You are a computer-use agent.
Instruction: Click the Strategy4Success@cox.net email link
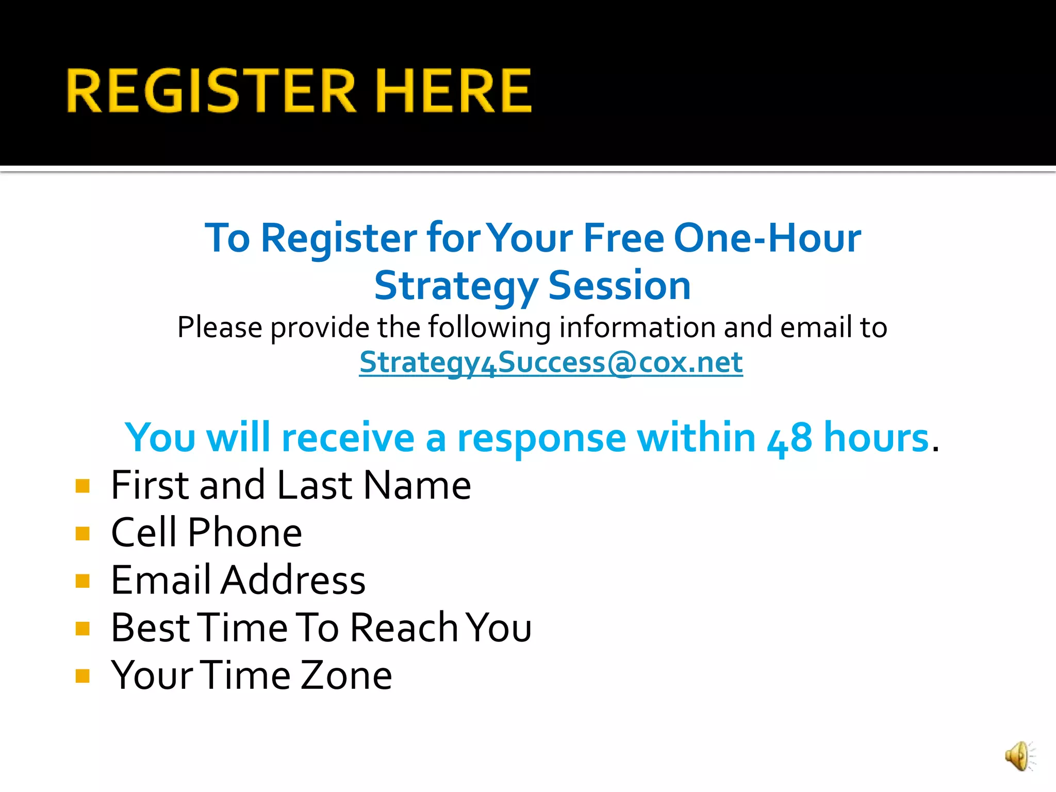(551, 362)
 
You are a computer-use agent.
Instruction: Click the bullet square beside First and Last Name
(82, 486)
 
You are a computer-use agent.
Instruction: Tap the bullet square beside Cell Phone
(82, 533)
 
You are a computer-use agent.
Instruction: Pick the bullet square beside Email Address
(82, 581)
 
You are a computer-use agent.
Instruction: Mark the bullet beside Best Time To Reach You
(82, 629)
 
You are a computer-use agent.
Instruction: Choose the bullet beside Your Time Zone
(82, 676)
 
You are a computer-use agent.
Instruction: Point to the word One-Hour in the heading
(767, 238)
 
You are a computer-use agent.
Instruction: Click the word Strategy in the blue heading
(456, 287)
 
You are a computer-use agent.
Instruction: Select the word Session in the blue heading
(619, 286)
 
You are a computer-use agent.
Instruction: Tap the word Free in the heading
(624, 238)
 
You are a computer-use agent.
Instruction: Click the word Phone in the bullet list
(245, 533)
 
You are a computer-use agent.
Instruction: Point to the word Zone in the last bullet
(346, 675)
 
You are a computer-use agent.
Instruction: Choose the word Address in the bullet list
(293, 581)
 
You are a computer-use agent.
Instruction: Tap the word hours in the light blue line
(876, 438)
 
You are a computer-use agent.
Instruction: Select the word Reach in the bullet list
(404, 628)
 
